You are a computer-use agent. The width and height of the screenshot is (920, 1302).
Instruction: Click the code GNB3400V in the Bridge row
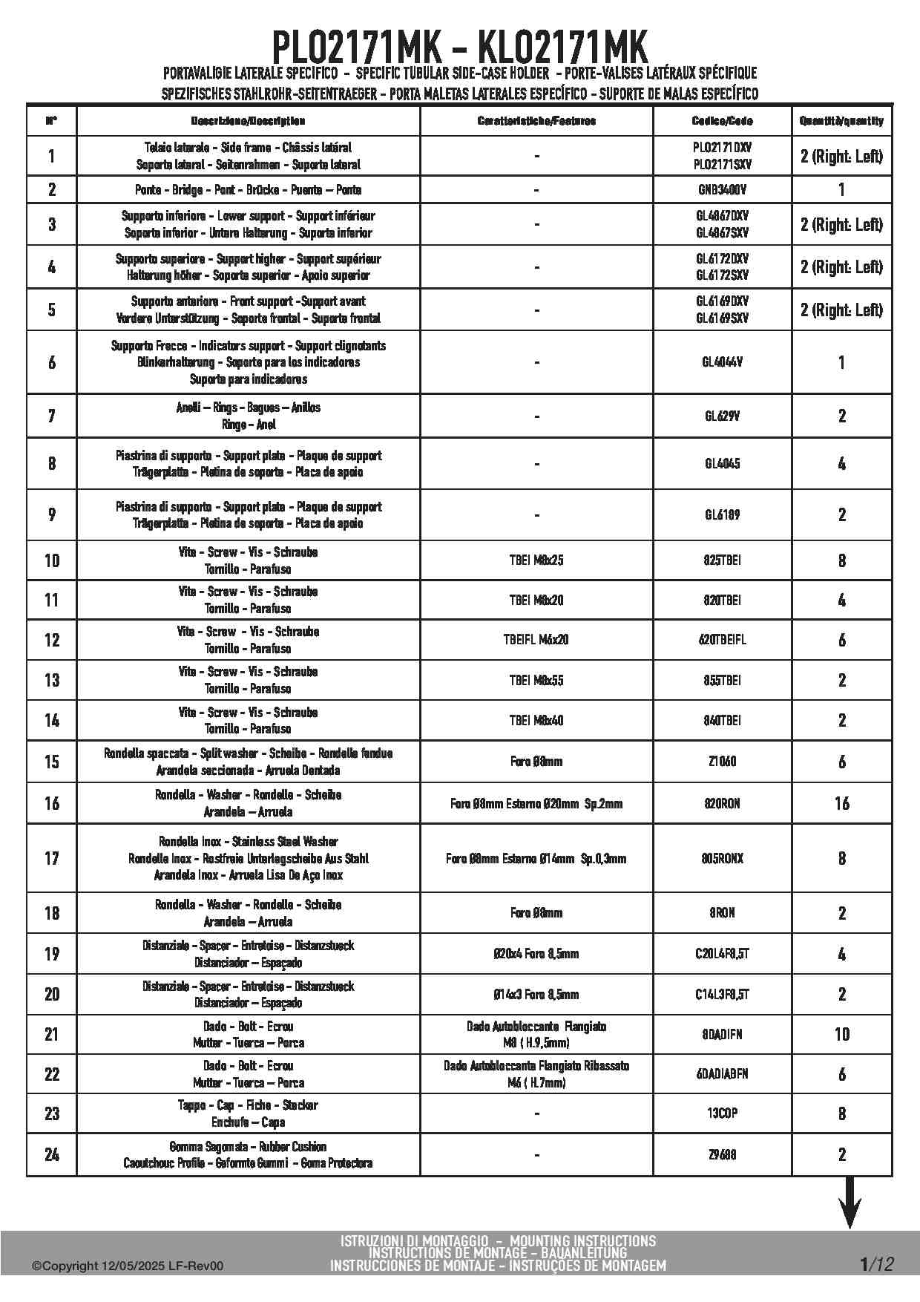pos(722,189)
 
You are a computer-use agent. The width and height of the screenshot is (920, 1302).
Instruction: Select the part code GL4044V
pos(722,362)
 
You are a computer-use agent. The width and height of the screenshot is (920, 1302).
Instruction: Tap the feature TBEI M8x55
pos(536,680)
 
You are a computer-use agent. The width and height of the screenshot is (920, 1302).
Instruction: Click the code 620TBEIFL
pos(722,640)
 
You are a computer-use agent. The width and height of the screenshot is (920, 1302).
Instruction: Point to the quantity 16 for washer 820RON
pos(841,803)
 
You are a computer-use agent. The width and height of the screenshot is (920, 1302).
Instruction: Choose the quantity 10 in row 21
pos(841,1034)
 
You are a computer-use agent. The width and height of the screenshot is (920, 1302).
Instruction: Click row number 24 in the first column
pos(52,1154)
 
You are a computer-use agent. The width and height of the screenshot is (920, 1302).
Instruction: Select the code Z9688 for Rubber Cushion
pos(722,1154)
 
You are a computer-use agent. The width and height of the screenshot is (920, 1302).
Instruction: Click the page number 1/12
pos(876,1264)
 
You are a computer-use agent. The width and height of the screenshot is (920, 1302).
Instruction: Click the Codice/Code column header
pos(722,121)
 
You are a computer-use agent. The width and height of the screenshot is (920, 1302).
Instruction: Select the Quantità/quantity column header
pos(841,121)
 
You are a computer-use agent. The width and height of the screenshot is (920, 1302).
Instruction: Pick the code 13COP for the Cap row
pos(722,1113)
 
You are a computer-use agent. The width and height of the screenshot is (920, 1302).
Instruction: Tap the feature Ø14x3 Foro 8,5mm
pos(536,994)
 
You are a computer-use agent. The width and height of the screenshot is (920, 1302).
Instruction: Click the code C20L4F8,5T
pos(722,954)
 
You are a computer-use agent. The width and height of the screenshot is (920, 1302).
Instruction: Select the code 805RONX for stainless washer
pos(722,858)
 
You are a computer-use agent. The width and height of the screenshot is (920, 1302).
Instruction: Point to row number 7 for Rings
pos(52,416)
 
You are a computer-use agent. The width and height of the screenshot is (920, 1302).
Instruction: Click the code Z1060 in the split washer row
pos(722,762)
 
